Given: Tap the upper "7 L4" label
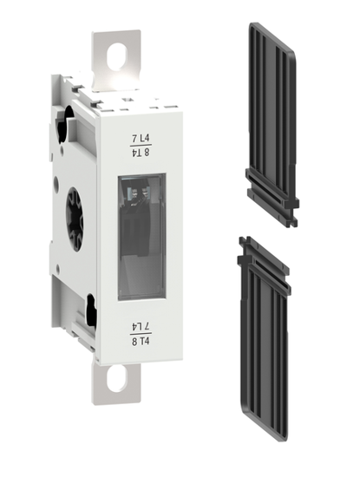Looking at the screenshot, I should point(140,138).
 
